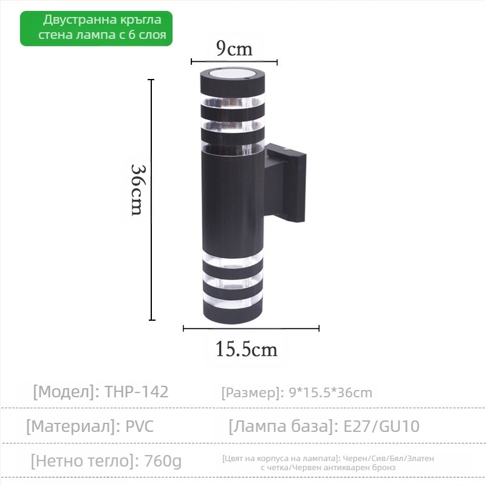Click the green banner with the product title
tap(96, 29)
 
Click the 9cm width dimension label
tap(234, 49)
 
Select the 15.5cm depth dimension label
tap(246, 349)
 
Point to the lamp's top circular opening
tap(233, 75)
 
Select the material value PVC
tap(140, 426)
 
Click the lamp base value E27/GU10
tap(382, 426)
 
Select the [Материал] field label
tap(72, 426)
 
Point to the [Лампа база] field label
tap(282, 426)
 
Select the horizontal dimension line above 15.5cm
tap(251, 329)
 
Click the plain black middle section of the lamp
tap(233, 200)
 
